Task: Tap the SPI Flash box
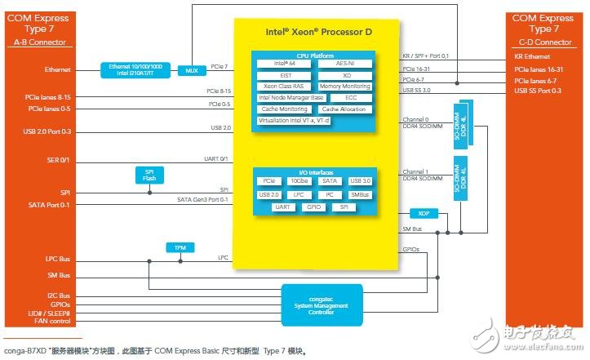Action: pos(149,176)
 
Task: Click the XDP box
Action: pos(422,214)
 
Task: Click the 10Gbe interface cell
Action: pos(299,180)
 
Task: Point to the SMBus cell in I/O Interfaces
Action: pos(359,194)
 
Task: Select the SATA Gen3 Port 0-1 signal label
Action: pos(202,200)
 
